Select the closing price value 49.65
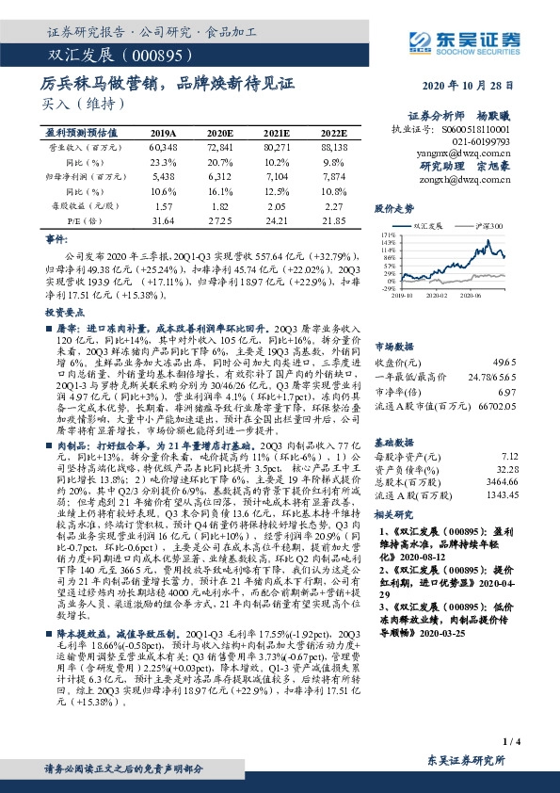[504, 361]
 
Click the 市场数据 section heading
[395, 346]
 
